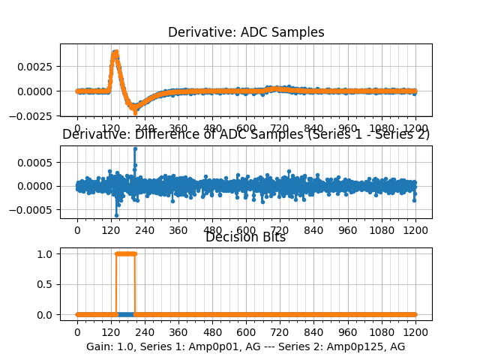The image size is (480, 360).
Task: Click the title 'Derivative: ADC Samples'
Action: (246, 32)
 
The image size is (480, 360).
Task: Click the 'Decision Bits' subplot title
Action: (246, 238)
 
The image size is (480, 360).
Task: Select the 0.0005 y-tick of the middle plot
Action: (35, 162)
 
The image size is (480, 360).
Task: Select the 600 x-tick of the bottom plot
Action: (246, 331)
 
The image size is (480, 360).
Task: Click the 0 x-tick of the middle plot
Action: (76, 230)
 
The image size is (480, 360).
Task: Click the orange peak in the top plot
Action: (115, 52)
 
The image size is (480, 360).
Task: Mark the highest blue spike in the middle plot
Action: (135, 148)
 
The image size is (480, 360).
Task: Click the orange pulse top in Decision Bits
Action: (125, 253)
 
